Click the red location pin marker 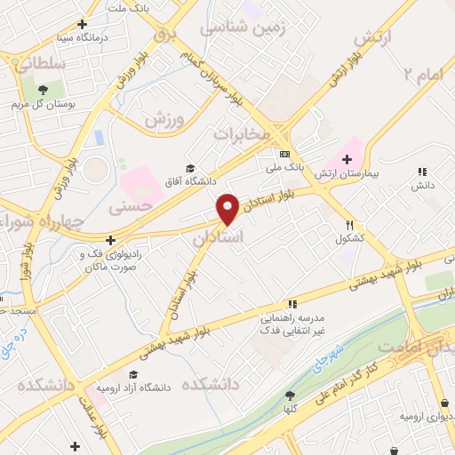[x=228, y=208]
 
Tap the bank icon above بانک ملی [x=283, y=153]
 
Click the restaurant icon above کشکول [x=350, y=226]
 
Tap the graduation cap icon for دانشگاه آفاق [x=189, y=169]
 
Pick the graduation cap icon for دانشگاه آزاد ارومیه [x=132, y=375]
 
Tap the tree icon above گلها [x=290, y=396]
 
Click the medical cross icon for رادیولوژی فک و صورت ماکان [x=109, y=240]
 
